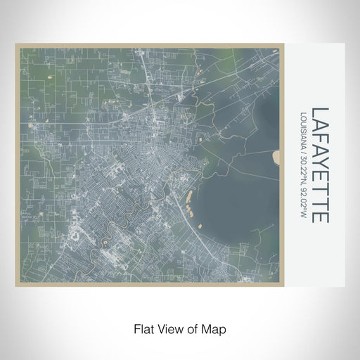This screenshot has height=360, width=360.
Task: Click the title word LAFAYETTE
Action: click(321, 165)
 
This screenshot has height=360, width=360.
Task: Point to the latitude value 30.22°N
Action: click(304, 174)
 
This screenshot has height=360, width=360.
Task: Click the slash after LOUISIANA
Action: click(304, 155)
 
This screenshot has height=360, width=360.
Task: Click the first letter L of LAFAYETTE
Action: click(321, 112)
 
